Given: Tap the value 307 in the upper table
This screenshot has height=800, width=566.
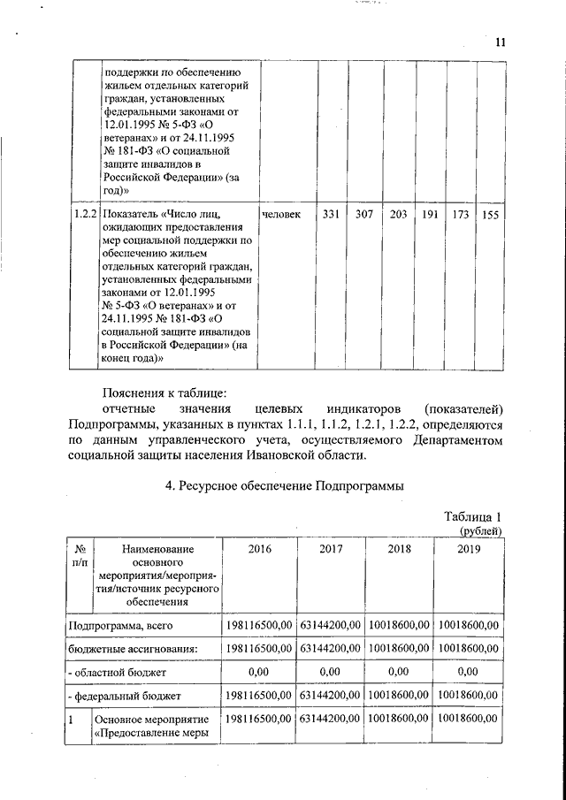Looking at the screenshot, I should click(x=364, y=215).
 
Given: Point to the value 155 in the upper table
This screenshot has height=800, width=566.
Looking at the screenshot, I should click(x=490, y=216).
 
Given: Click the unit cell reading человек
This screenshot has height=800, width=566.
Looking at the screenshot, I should click(x=281, y=214).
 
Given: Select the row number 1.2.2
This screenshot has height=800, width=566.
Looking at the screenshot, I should click(x=86, y=214).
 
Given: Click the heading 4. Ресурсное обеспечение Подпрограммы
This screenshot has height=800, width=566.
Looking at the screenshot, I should click(x=285, y=484).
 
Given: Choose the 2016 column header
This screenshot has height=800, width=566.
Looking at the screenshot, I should click(x=260, y=549).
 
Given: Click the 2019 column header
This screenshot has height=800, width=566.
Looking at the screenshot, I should click(x=469, y=549).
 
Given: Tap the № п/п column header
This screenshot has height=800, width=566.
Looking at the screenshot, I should click(x=80, y=555).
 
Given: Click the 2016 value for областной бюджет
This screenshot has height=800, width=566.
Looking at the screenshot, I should click(x=260, y=673).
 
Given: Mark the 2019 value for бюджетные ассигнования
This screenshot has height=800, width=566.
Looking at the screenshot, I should click(x=469, y=649).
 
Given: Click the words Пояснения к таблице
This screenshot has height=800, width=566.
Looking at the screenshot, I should click(x=165, y=392).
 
